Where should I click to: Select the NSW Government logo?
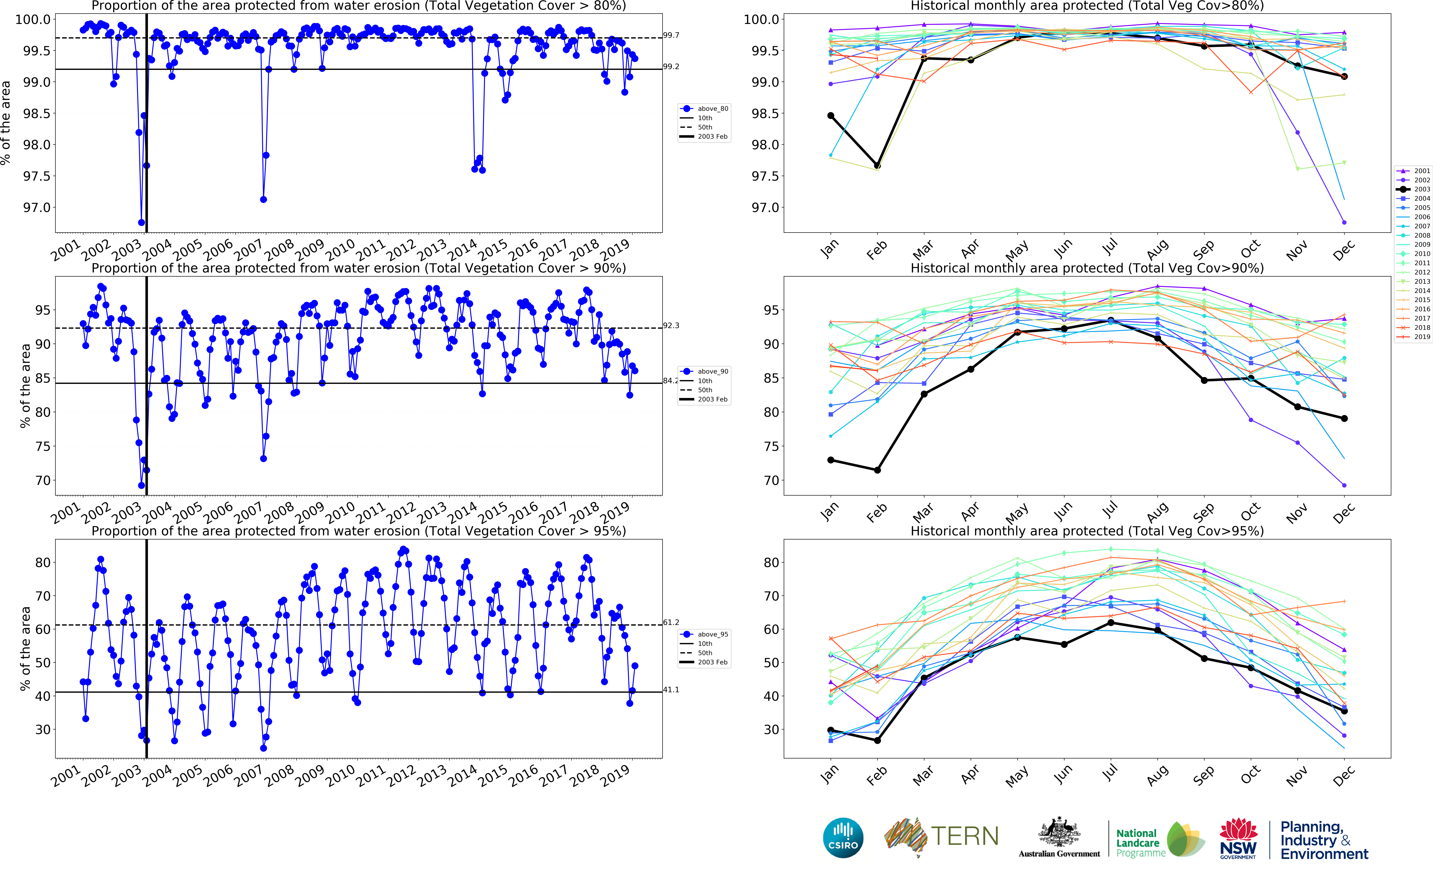click(1238, 838)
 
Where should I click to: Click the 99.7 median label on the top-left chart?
click(671, 35)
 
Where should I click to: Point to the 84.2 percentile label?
click(670, 381)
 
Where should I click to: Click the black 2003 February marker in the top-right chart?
click(877, 166)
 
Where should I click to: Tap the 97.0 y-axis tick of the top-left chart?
click(36, 208)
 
